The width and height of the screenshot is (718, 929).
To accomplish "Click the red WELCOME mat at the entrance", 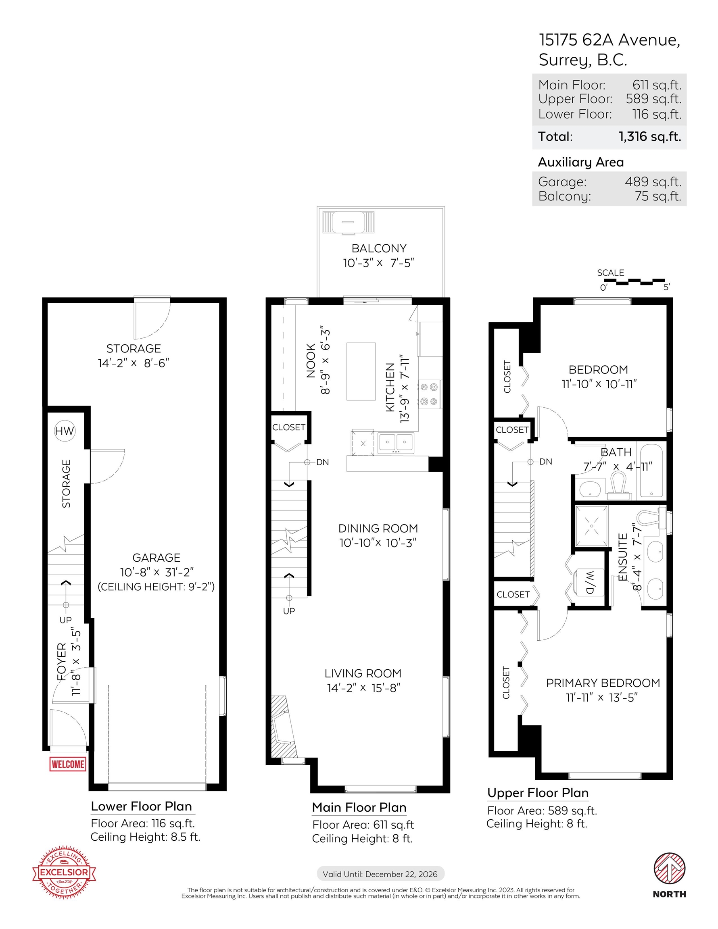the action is [68, 764].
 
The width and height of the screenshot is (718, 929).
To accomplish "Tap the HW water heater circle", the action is [64, 431].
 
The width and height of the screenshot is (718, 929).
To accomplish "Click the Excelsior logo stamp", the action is [64, 873].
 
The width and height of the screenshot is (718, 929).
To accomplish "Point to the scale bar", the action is [634, 281].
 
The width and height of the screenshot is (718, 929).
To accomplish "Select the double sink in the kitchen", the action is [395, 443].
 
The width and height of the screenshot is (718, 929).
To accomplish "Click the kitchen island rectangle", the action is [361, 371].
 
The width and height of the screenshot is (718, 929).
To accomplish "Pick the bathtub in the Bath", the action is [651, 471].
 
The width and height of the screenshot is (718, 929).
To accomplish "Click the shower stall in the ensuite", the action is [591, 526].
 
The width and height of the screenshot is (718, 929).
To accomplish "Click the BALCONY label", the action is [379, 248].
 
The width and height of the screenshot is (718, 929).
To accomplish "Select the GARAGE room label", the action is [156, 558].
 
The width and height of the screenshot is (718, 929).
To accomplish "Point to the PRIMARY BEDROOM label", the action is [603, 683].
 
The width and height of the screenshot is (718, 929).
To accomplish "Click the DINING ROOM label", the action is [378, 528].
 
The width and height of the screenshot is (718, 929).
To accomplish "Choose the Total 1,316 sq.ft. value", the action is [650, 137].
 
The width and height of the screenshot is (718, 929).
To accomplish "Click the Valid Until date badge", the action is [380, 874].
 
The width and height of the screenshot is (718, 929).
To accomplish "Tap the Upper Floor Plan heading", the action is [538, 793].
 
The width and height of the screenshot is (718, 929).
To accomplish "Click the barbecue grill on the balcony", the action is [349, 223].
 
